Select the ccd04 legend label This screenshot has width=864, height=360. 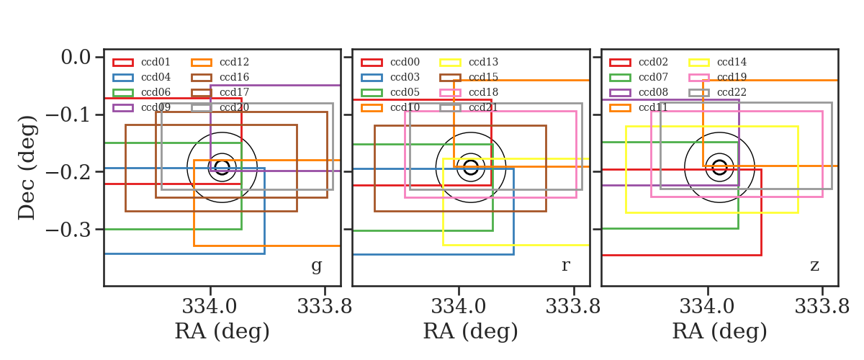(x=156, y=77)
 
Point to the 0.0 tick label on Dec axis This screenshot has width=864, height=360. (x=76, y=57)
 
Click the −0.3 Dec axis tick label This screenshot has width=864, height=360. (x=68, y=230)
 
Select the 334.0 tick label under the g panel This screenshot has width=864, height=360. (x=210, y=307)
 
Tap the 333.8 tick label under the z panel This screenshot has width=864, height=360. (x=822, y=307)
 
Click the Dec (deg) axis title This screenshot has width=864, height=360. (x=27, y=168)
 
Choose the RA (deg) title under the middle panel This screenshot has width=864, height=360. (x=471, y=331)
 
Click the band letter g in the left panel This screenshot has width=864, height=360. (x=317, y=266)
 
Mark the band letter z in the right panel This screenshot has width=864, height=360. (x=814, y=266)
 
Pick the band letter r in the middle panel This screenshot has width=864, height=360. (x=566, y=266)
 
